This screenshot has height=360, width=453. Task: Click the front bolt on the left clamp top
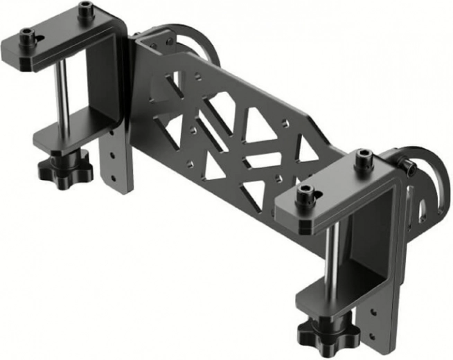point(28,38)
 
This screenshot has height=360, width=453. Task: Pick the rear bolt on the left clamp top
point(85,11)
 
